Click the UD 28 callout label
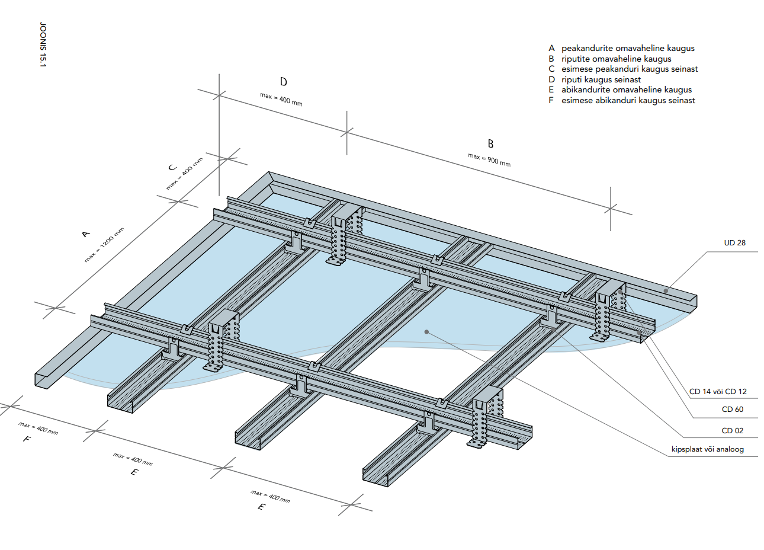coord(734,243)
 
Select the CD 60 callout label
coord(732,410)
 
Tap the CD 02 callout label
coord(732,430)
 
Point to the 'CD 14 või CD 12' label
coord(718,392)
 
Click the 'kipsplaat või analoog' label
coord(708,449)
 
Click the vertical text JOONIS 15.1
coord(43,44)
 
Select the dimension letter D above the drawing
coord(284,82)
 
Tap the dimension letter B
coord(490,144)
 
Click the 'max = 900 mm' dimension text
coord(489,160)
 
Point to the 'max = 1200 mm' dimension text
coord(104,245)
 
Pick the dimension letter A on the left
coord(86,234)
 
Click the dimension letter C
coord(172,167)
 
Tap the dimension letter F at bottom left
coord(27,439)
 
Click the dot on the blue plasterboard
coord(426,331)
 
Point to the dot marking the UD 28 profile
coord(666,290)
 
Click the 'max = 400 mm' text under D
coord(281,100)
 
